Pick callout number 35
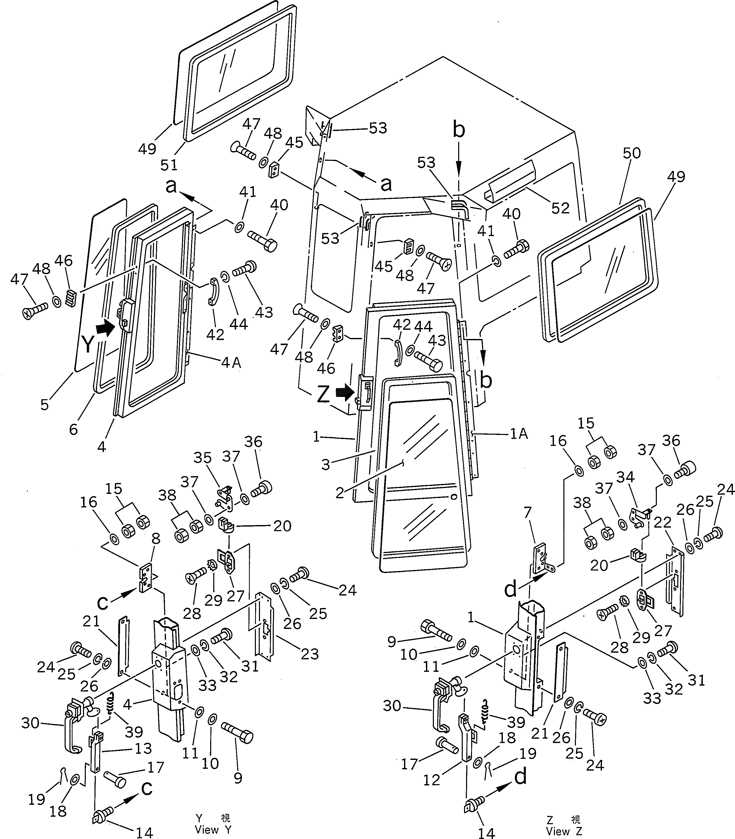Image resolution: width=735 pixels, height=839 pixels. coord(203,457)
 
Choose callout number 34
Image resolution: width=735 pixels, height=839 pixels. coord(625,477)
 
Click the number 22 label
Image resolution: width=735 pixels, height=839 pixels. coord(662,522)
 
